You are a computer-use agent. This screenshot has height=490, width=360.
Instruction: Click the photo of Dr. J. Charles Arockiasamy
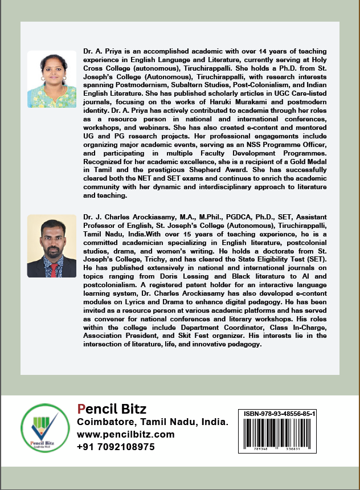coord(52,246)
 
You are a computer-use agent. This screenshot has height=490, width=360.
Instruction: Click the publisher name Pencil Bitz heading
coord(112,409)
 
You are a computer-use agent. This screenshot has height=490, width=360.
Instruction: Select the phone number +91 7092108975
coord(116,447)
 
